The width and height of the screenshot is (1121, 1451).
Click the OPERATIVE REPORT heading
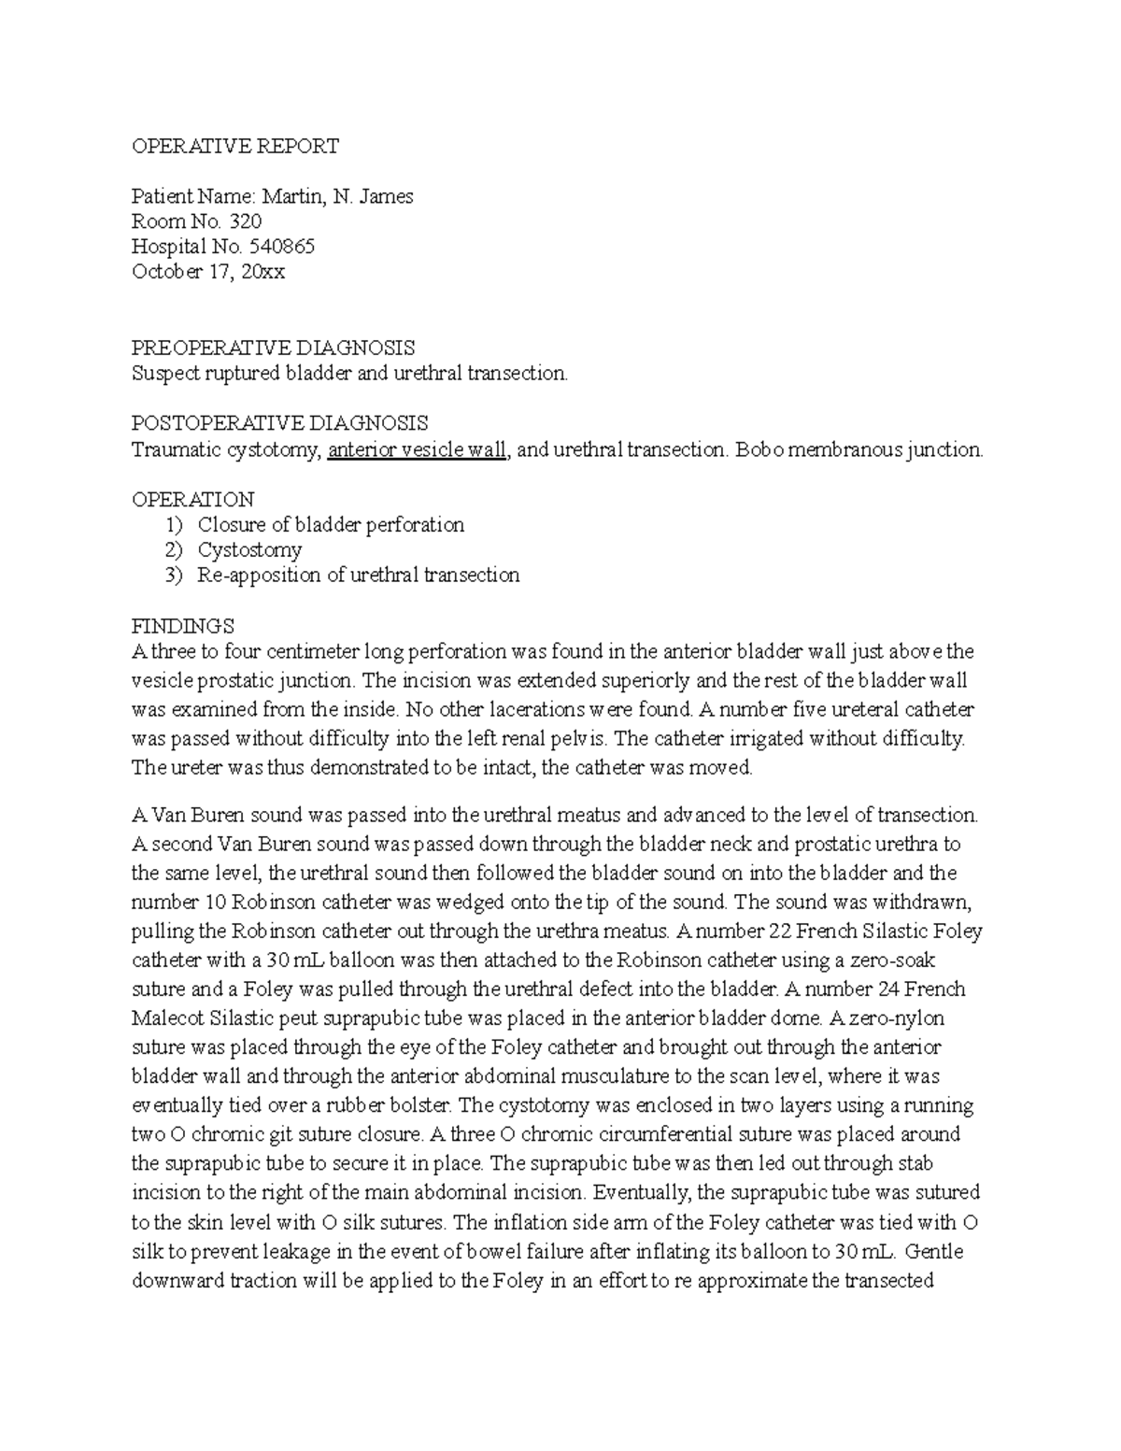[235, 146]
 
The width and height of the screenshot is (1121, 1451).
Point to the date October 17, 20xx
[208, 272]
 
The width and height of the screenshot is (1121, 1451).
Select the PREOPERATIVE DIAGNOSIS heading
[273, 348]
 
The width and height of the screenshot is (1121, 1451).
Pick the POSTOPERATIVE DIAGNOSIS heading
[280, 423]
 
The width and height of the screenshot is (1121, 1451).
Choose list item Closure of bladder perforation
[331, 524]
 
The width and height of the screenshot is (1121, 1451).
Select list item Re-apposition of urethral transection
[358, 575]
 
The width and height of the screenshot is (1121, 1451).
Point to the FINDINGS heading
[182, 625]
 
